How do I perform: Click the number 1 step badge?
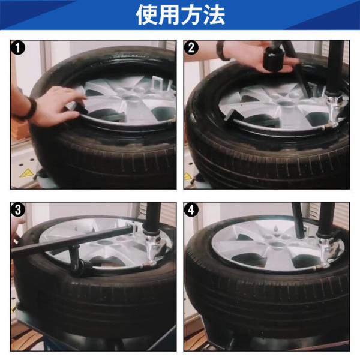tap(18, 48)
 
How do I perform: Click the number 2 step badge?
tap(191, 48)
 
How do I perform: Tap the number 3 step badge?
tap(18, 209)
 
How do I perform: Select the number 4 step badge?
tap(191, 209)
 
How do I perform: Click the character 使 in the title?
tap(146, 14)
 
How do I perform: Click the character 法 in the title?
tap(214, 14)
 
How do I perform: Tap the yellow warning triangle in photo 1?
tap(26, 173)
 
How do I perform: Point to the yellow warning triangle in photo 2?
tap(187, 176)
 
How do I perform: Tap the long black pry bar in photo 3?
tap(71, 240)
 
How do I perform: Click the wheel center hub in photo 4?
tap(277, 245)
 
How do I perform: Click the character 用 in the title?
tap(169, 14)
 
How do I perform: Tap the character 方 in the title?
tap(191, 14)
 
